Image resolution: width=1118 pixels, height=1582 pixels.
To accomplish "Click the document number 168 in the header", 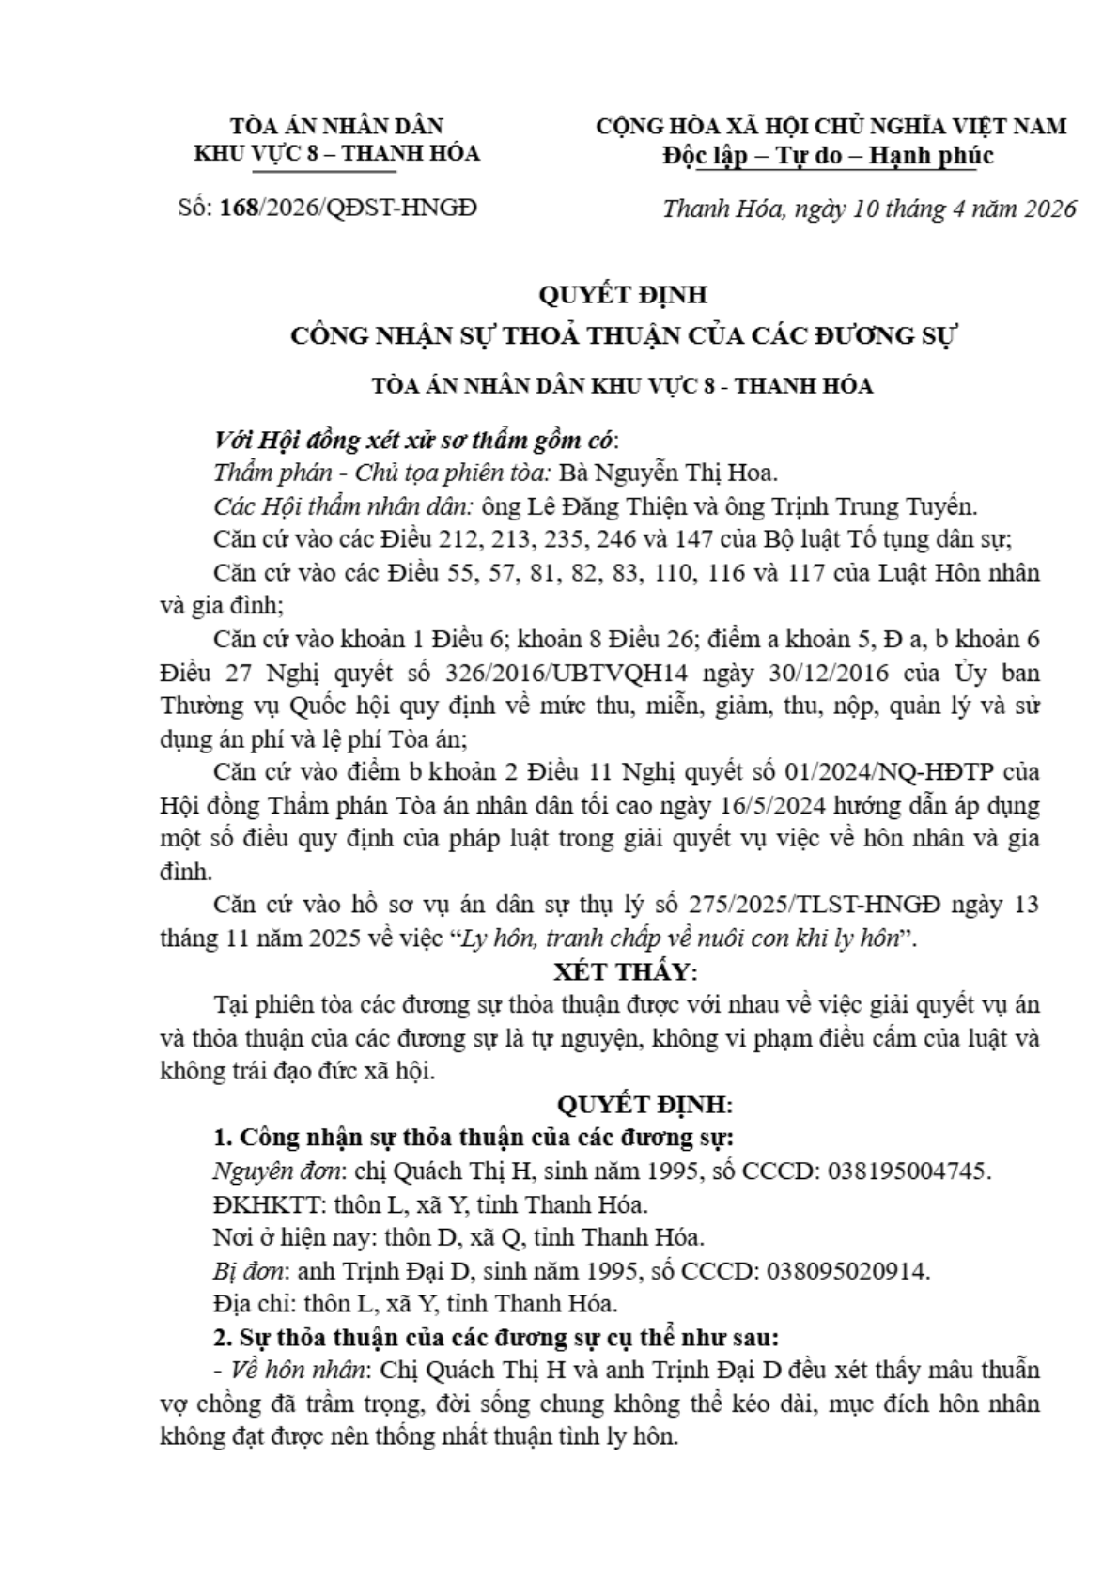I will coord(239,208).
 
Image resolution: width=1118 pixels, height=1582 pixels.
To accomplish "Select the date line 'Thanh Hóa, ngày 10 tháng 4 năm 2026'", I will coord(868,209).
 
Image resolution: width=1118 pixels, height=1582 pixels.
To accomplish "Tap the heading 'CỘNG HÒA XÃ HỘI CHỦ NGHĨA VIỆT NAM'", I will coord(831,126).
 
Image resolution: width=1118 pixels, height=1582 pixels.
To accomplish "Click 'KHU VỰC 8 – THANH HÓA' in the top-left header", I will coord(337,153).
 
